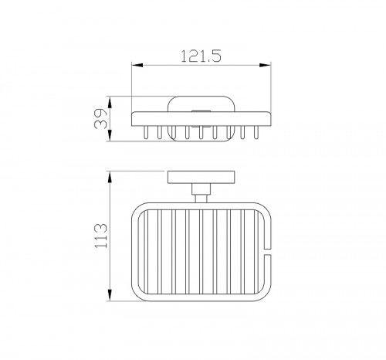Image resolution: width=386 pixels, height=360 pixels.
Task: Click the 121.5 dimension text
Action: point(201,56)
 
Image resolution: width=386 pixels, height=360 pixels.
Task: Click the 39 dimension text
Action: point(100,118)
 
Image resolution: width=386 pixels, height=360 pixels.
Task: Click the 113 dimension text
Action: point(101,236)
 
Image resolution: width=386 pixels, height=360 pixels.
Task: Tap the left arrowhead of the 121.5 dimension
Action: point(137,65)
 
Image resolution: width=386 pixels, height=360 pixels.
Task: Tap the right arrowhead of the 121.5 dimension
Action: point(266,65)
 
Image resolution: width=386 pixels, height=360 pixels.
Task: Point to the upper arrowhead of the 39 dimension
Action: point(110,102)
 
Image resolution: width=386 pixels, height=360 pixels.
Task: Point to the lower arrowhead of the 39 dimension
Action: point(110,135)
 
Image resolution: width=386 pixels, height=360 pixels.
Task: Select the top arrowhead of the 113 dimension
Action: point(110,177)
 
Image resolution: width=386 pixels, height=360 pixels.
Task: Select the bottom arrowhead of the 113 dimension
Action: point(110,295)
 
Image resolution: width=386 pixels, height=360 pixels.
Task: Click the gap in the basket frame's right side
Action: point(268,252)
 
